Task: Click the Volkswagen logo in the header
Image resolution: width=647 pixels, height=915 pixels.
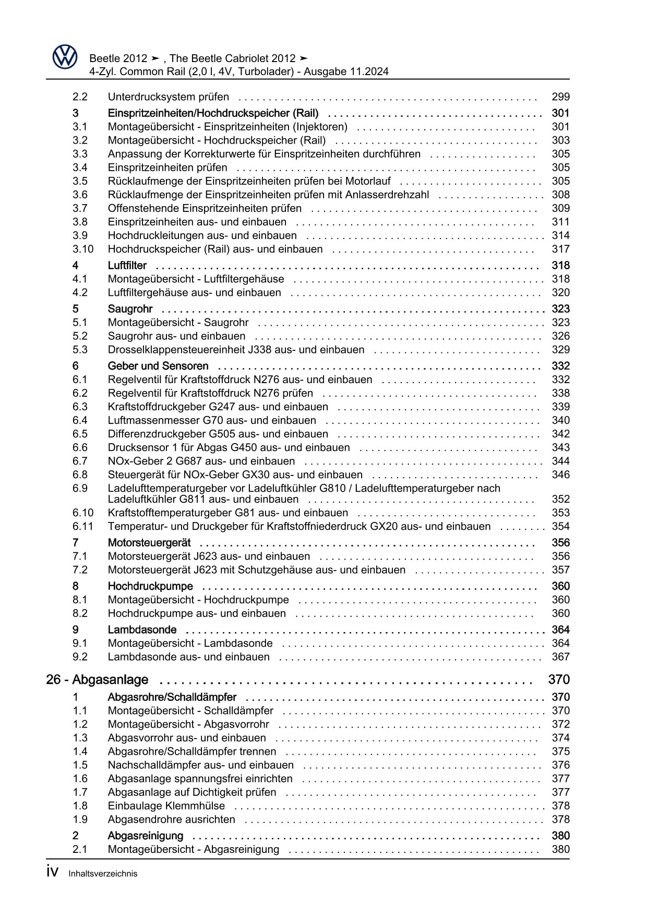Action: (x=65, y=57)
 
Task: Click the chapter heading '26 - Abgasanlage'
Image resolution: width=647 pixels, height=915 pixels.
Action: (x=97, y=680)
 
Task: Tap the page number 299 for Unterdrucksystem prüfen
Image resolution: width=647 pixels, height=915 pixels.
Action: (x=560, y=97)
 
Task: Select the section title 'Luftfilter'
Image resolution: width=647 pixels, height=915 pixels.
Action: (x=127, y=266)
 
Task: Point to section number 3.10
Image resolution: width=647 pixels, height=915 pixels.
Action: (x=83, y=249)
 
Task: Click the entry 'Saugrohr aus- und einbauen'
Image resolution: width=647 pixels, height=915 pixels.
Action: (x=176, y=336)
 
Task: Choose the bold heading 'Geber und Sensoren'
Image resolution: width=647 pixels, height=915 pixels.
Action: (x=158, y=366)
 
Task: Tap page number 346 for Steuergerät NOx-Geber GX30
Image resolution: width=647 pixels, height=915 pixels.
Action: (x=560, y=474)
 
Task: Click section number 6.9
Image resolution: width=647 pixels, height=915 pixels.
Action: (x=80, y=488)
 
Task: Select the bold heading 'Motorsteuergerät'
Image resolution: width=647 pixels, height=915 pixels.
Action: (x=149, y=543)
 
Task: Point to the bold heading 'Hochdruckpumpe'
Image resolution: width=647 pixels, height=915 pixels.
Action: (x=150, y=586)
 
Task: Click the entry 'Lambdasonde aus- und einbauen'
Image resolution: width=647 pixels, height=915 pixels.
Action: (x=189, y=657)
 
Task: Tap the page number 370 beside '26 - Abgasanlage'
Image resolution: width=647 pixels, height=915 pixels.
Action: (x=559, y=680)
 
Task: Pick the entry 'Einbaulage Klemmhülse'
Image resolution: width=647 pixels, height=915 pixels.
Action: (x=166, y=806)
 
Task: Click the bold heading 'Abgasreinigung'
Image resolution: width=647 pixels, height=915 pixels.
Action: (x=146, y=836)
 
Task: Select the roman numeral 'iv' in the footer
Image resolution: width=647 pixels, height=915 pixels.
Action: (x=52, y=872)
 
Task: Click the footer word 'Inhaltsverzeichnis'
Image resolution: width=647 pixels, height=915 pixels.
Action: (x=103, y=874)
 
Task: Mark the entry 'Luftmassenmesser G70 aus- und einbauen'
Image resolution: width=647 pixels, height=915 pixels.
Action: (x=212, y=420)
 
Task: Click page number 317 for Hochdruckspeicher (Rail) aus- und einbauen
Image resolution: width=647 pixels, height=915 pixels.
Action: (x=560, y=249)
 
